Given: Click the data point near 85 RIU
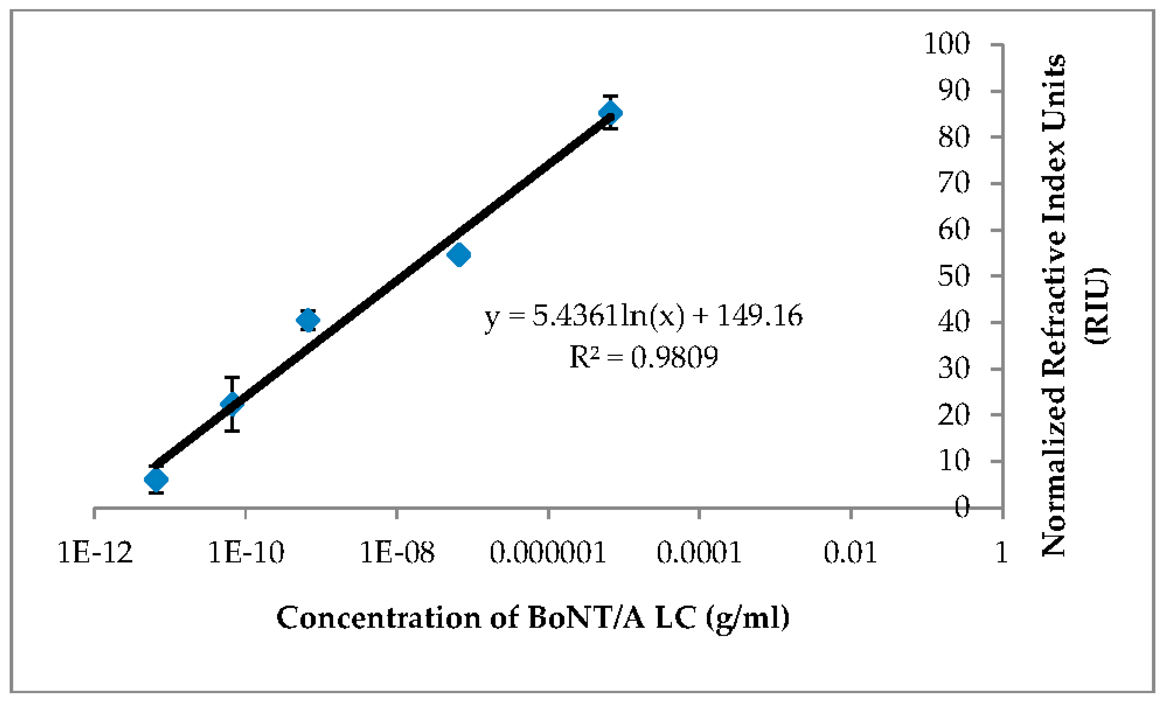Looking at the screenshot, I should coord(610,113).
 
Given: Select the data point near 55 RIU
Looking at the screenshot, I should coord(459,255).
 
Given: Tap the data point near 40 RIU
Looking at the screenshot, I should coord(308,320).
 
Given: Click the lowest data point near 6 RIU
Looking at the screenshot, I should coord(156,480).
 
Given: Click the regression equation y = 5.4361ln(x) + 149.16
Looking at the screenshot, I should coord(644,316).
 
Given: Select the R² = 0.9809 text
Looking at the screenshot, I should coord(644,357).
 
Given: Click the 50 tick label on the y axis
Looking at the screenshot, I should coord(953,276).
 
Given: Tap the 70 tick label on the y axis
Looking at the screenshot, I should coord(953,183).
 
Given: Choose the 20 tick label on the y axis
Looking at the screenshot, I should coord(953,415).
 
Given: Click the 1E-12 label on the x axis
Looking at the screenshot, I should coord(95,552).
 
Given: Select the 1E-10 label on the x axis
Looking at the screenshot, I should coord(246,552).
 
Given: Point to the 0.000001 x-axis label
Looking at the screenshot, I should coord(548,552).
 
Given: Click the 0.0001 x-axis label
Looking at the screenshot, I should coord(699,552).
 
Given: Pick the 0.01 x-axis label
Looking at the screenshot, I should coord(850,552).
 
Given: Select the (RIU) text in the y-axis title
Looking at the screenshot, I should coord(1096,306).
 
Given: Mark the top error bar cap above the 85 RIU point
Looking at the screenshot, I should coord(610,97).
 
